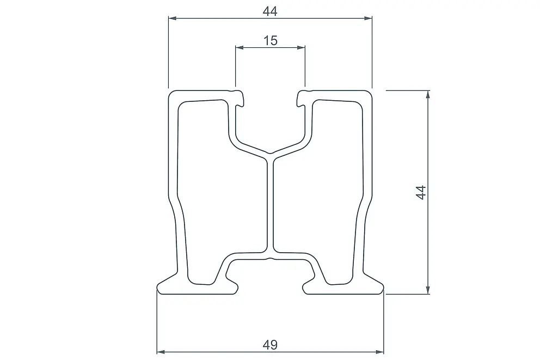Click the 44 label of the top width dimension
click(270, 11)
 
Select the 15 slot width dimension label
click(271, 41)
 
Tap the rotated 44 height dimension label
click(421, 192)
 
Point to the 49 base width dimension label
click(270, 345)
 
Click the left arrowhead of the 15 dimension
click(240, 47)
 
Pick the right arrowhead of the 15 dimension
click(301, 47)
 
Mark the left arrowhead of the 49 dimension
click(161, 352)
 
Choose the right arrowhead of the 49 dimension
click(379, 352)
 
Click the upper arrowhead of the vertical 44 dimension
click(428, 95)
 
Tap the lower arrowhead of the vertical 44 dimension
click(428, 290)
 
